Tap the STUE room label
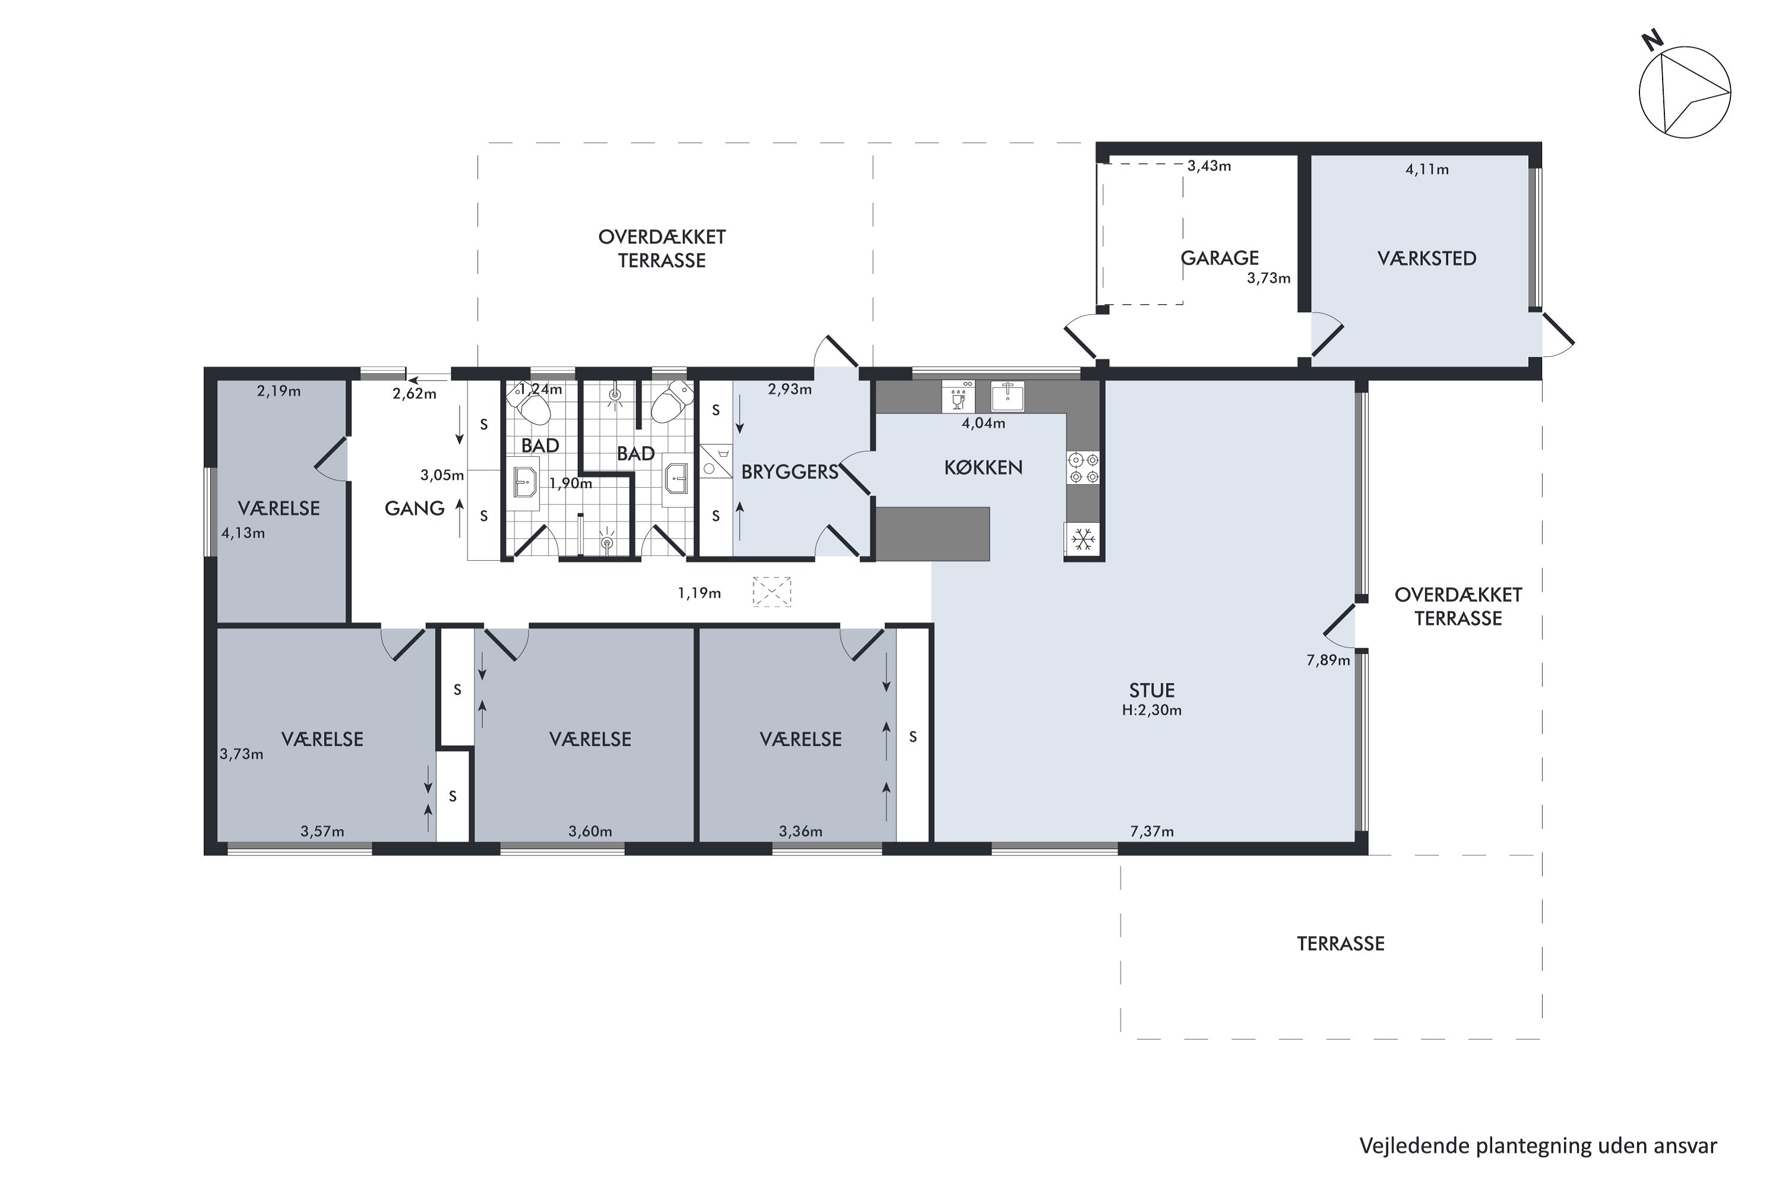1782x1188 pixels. (x=1152, y=690)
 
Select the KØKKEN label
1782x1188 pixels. (x=984, y=468)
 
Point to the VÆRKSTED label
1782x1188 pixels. (x=1427, y=258)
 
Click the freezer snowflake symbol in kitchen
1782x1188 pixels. (x=1083, y=540)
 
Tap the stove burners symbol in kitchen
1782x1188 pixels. (x=1083, y=468)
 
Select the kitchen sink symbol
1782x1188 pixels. (x=1007, y=396)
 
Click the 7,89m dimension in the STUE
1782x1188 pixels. (x=1328, y=661)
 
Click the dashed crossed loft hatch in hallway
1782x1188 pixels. (x=771, y=592)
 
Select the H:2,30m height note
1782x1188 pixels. (x=1152, y=710)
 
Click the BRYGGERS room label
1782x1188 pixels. (x=789, y=472)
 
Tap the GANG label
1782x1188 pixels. (x=415, y=508)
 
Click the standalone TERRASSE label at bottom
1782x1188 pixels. (x=1340, y=944)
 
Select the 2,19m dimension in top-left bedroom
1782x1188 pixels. (x=279, y=391)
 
